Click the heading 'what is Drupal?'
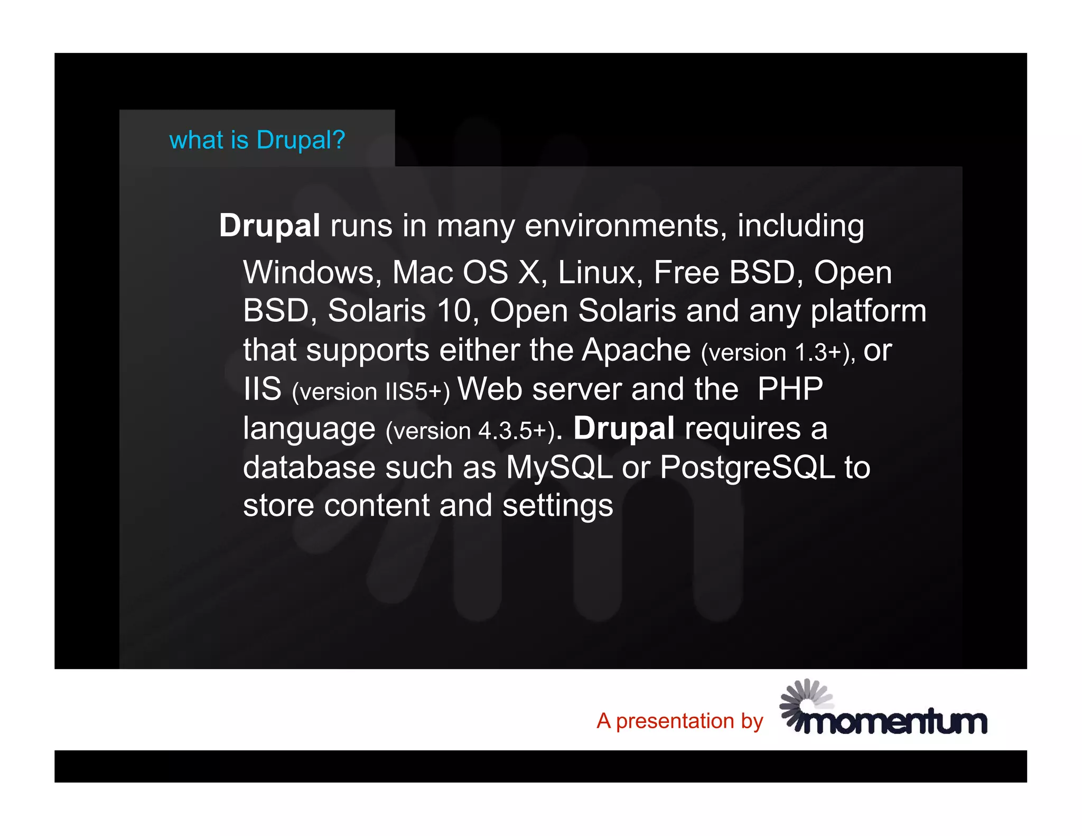(x=257, y=140)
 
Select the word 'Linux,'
(x=600, y=273)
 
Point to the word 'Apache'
(x=636, y=350)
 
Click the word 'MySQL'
(x=559, y=467)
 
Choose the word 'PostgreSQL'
(x=747, y=467)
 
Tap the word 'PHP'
(x=790, y=389)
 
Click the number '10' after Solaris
(x=454, y=311)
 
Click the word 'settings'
(x=557, y=506)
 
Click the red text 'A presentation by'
(x=679, y=721)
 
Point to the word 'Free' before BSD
(x=686, y=273)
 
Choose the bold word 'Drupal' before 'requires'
(x=623, y=428)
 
